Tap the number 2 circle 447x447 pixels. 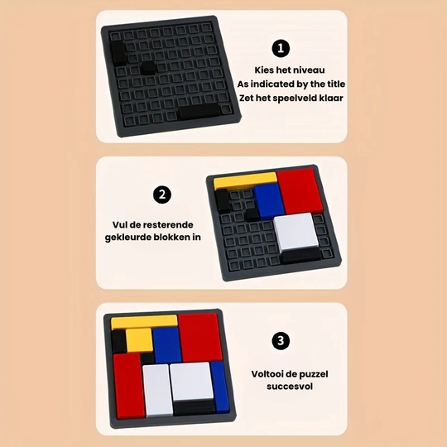[x=163, y=196]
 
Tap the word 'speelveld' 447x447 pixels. [x=297, y=98]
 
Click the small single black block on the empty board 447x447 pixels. [x=147, y=69]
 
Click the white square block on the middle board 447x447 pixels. [x=296, y=232]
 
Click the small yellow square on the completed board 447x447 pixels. [x=138, y=339]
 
